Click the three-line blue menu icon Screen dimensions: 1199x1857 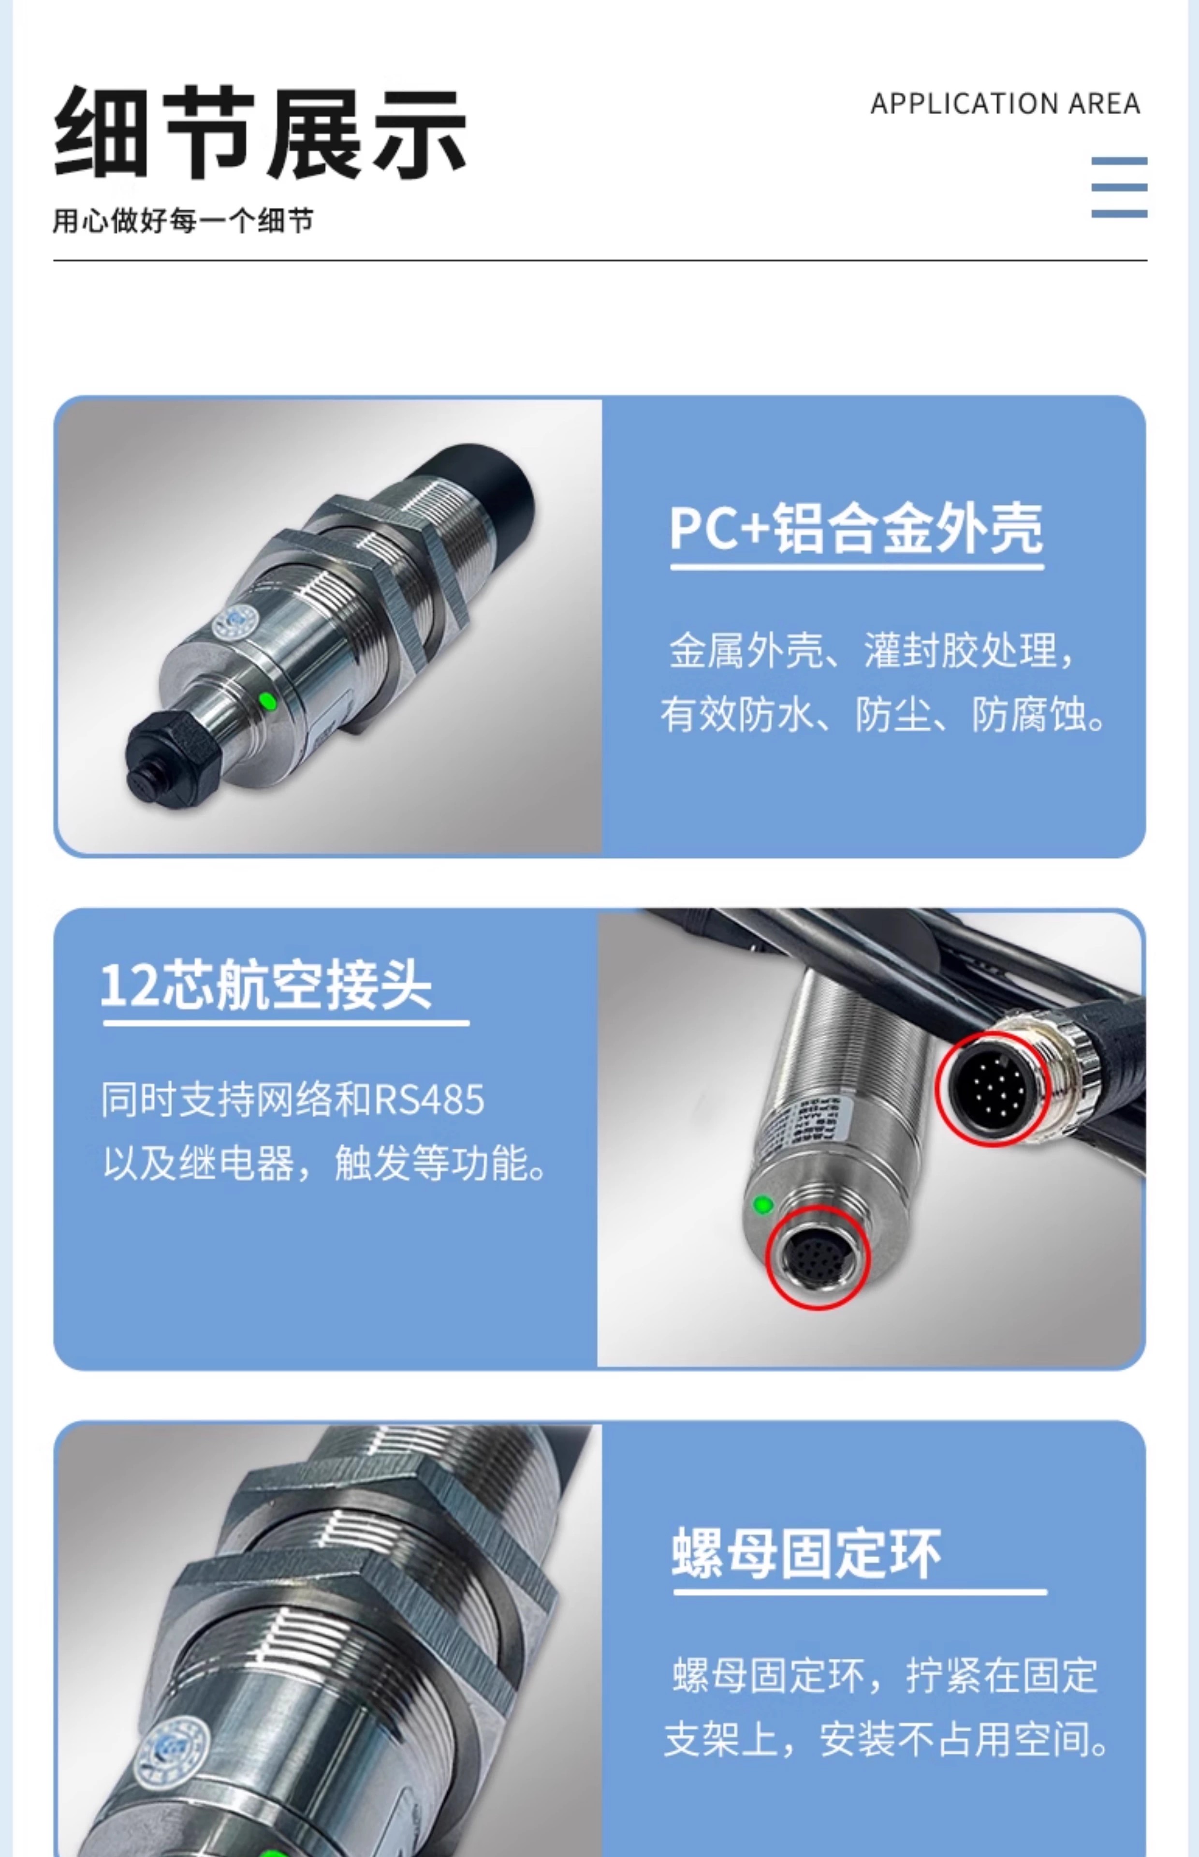pos(1119,187)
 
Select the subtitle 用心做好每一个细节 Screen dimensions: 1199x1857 pos(183,221)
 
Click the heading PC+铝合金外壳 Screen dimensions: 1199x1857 pos(856,529)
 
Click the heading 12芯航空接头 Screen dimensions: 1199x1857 pos(266,985)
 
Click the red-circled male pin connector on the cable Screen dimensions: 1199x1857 pos(993,1089)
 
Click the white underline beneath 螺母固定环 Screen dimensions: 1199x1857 pos(860,1592)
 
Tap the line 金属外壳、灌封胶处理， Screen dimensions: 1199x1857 pos(873,650)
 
